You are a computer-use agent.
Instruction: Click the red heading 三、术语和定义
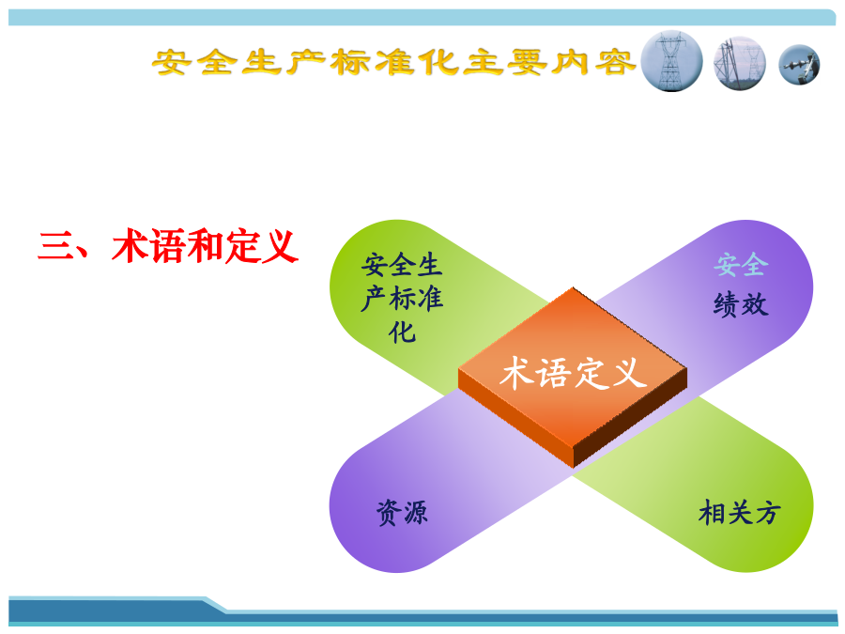tap(168, 246)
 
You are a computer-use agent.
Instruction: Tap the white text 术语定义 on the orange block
tap(573, 373)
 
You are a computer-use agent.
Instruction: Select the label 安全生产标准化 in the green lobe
tap(402, 298)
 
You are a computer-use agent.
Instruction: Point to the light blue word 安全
tap(741, 265)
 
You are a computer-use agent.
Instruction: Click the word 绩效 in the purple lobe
tap(741, 304)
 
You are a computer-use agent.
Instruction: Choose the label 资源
tap(402, 512)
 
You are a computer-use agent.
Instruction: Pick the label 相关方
tap(740, 512)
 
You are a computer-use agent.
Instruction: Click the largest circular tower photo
tap(671, 61)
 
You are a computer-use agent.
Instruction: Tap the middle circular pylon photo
tap(740, 63)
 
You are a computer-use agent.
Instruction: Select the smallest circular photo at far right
tap(799, 65)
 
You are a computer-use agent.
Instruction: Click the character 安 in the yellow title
tap(173, 62)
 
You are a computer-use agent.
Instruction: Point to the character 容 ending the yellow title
tap(615, 62)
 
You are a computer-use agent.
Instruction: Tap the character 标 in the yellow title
tap(350, 62)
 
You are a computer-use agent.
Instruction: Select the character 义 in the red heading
tap(280, 246)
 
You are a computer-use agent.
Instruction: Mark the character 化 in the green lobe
tap(402, 332)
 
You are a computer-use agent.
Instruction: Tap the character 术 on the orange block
tap(516, 373)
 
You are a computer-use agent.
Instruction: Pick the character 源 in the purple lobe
tap(416, 512)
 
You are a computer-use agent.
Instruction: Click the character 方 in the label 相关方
tap(767, 512)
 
